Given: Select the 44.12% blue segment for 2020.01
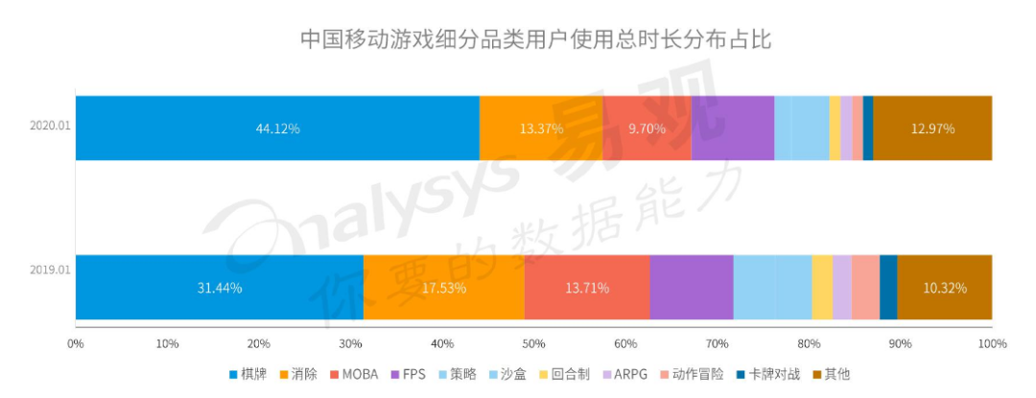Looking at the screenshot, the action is [277, 129].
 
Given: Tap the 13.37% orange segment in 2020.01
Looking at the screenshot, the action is [541, 129].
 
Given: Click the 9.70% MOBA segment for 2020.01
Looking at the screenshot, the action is [647, 129].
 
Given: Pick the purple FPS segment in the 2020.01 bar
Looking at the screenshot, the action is [733, 129].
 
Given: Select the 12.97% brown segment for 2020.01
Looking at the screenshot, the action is [932, 129].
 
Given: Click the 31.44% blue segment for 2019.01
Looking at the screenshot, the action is [220, 287].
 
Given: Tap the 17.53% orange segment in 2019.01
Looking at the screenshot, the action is [444, 287].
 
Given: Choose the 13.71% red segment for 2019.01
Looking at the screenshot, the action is [587, 287].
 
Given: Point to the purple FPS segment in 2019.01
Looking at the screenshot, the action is [692, 287].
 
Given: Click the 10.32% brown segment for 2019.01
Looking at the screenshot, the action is [944, 287].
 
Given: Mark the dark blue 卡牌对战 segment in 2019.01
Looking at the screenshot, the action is [888, 287].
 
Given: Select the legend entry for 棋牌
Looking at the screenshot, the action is [247, 375].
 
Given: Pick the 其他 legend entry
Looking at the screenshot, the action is [831, 375].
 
